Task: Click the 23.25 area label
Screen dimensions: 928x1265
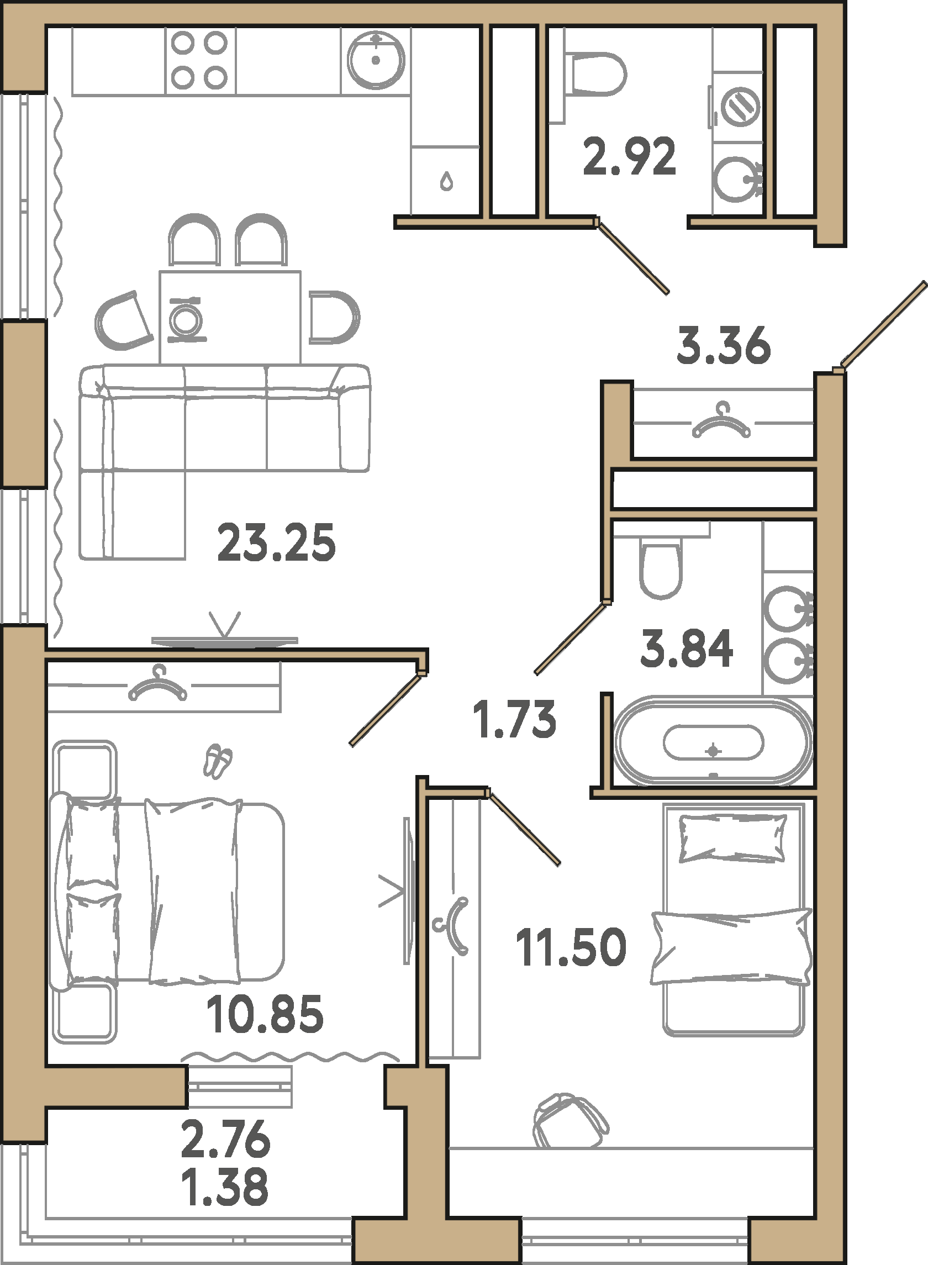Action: point(276,542)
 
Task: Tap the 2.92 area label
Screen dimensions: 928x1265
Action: point(629,157)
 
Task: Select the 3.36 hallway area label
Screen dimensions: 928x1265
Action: point(724,345)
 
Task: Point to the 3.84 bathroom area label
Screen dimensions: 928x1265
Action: point(687,648)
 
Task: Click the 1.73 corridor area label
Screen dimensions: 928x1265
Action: point(515,719)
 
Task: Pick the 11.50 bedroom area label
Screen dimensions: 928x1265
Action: point(571,947)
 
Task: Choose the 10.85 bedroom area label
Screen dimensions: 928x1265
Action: point(265,1014)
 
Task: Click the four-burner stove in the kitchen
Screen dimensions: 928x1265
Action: point(199,61)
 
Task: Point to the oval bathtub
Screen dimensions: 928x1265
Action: point(714,741)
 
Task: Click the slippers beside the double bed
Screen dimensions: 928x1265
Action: point(218,761)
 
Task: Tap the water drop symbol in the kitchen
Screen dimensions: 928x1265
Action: point(446,181)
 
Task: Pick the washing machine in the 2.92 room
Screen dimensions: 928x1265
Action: point(739,106)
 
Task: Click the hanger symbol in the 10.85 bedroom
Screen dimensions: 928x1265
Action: point(158,685)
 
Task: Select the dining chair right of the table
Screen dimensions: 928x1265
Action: point(334,318)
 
